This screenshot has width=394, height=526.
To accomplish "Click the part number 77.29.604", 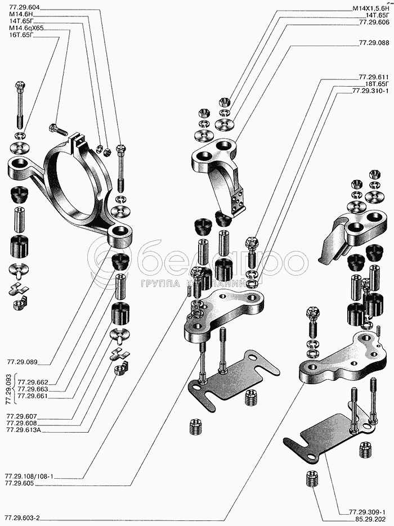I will tap(25, 7).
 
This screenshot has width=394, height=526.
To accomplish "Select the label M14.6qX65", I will tap(26, 28).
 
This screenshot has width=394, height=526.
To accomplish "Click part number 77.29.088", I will tap(373, 43).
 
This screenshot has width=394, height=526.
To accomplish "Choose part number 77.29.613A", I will tap(28, 430).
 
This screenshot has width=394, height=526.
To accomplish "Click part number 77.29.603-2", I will tap(26, 518).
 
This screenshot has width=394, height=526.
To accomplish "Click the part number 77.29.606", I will tap(374, 23).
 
